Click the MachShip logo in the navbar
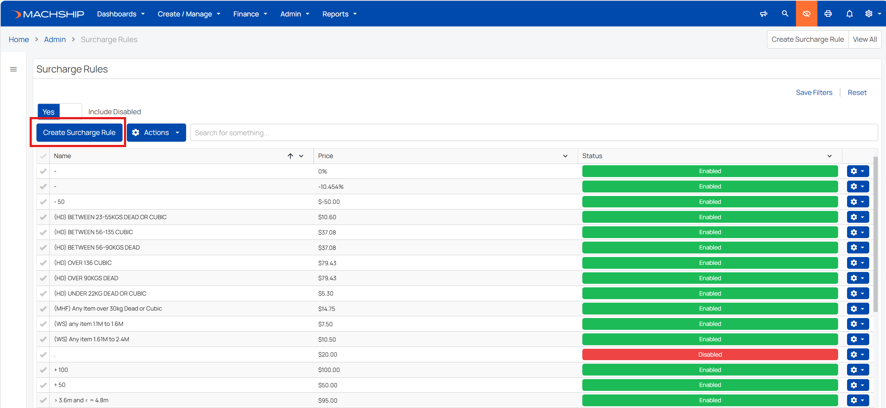[x=48, y=14]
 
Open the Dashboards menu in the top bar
[x=121, y=14]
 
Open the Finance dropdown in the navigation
[x=250, y=14]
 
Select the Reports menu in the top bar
[x=339, y=14]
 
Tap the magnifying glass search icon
[x=785, y=14]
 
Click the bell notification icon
[x=850, y=14]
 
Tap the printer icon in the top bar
[x=828, y=14]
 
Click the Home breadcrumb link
[x=19, y=39]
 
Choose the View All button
[x=865, y=39]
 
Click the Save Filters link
[x=814, y=92]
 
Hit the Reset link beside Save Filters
[x=857, y=92]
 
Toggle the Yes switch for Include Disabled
[x=60, y=112]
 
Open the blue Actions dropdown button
[x=156, y=132]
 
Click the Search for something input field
[x=534, y=133]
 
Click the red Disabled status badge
[x=710, y=354]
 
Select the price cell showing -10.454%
[x=331, y=187]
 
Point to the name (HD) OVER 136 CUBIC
[x=83, y=263]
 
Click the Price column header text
[x=325, y=156]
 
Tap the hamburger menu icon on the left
[x=14, y=69]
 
